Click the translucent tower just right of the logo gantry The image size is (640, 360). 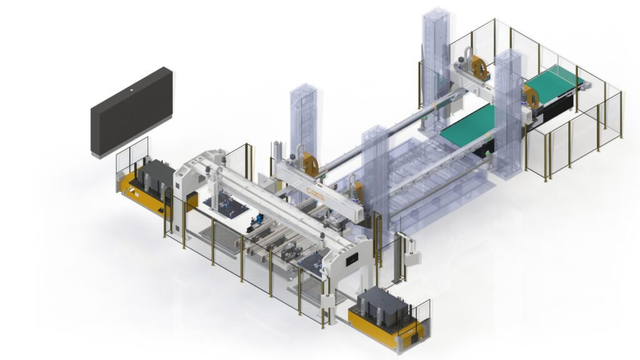coord(375,169)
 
